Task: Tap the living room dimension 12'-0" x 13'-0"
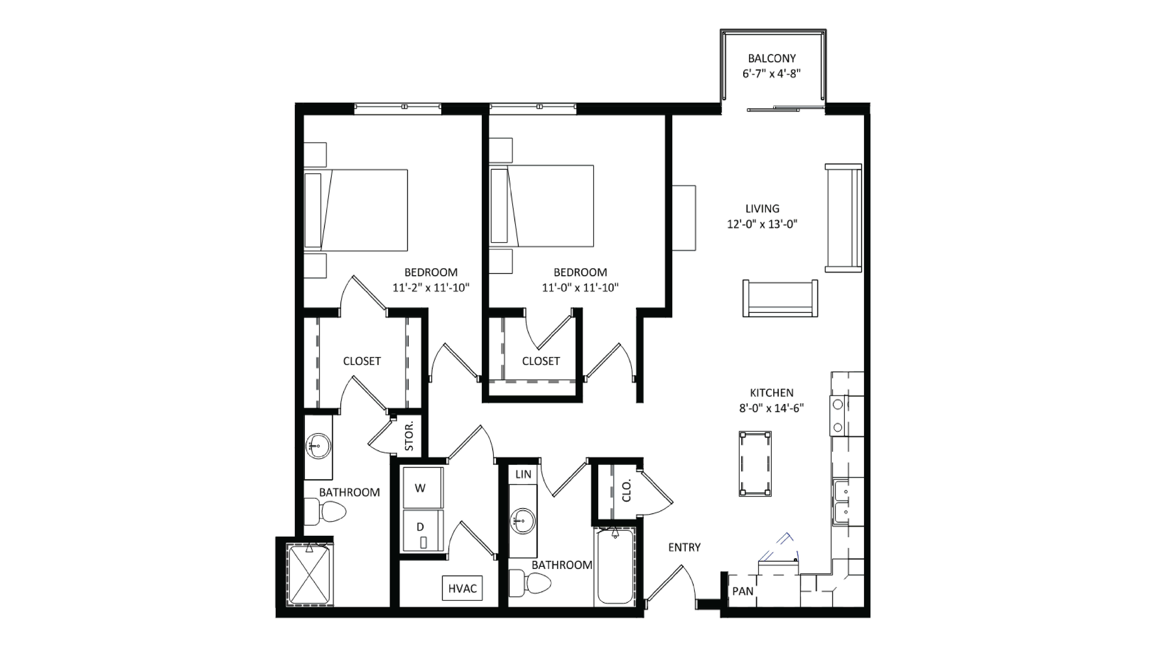(762, 224)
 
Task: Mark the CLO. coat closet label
(626, 491)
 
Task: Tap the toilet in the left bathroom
(328, 511)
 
